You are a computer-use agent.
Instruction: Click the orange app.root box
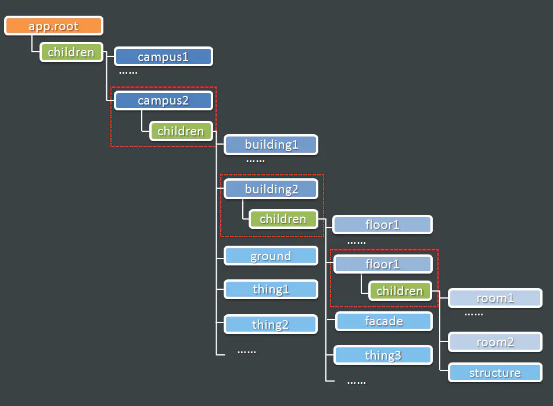pos(53,26)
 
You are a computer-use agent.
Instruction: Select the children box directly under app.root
pos(71,52)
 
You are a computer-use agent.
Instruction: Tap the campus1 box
pos(163,56)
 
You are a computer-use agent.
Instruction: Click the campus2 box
pos(163,100)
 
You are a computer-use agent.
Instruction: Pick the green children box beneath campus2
pos(181,131)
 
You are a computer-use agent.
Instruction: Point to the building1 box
pos(271,145)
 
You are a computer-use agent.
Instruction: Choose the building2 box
pos(271,189)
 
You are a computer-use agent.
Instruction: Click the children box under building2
pos(283,219)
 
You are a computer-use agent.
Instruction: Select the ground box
pos(271,256)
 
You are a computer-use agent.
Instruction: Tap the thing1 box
pos(271,289)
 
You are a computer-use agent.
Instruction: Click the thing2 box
pos(271,324)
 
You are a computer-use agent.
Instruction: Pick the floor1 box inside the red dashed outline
pos(383,264)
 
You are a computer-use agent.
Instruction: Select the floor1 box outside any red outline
pos(383,225)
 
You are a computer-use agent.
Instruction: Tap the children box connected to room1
pos(400,291)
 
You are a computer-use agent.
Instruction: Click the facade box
pos(384,321)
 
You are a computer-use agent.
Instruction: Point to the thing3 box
pos(383,355)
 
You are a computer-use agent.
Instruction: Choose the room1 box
pos(495,298)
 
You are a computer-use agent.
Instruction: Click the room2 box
pos(495,342)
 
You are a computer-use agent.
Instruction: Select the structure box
pos(495,372)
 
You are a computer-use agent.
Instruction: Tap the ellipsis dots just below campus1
pos(128,73)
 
